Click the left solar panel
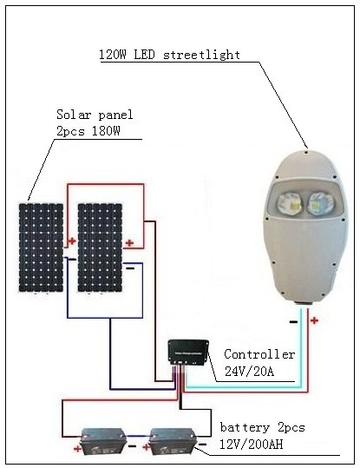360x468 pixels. tap(40, 247)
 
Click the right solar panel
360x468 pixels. tap(98, 247)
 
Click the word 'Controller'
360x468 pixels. tap(259, 354)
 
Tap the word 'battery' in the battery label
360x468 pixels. tap(244, 429)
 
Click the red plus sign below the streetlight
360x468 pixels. tap(314, 320)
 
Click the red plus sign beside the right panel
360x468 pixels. tap(129, 242)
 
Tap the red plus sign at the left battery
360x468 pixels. tap(77, 451)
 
